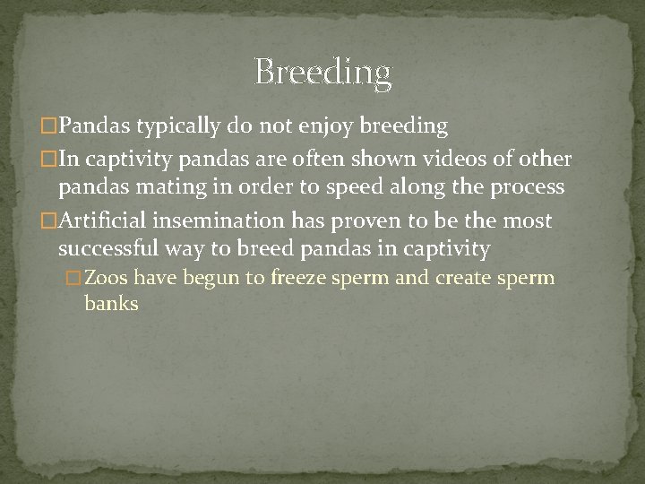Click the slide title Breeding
click(x=322, y=72)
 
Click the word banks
click(x=111, y=304)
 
